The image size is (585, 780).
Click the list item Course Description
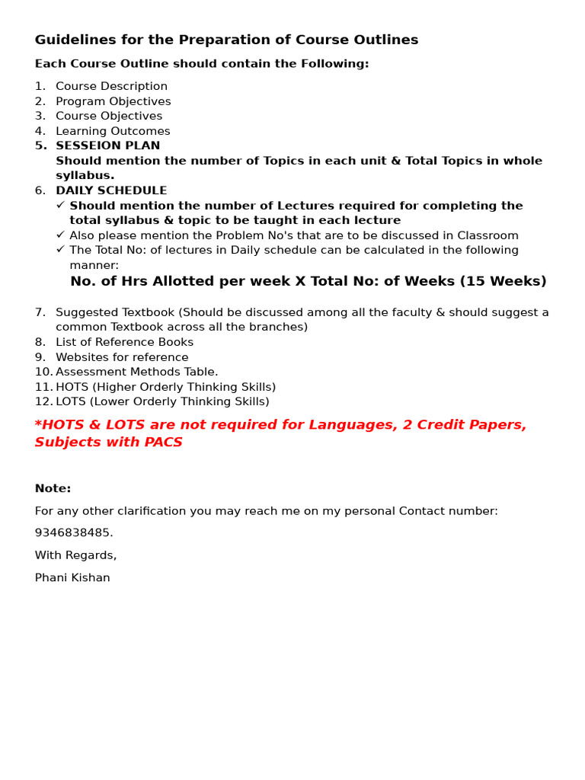pos(111,87)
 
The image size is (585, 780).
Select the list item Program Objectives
pos(113,101)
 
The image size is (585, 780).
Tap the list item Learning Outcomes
pos(113,131)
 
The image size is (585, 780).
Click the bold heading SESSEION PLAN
pos(107,146)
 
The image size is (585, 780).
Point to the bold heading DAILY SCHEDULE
pos(111,191)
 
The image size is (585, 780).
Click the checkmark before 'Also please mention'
pos(60,235)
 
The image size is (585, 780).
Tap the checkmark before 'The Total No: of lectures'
pos(60,249)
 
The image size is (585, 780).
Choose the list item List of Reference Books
pos(124,343)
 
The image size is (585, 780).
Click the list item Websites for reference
pos(122,357)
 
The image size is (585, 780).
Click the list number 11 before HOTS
pos(43,388)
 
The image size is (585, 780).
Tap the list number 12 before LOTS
pos(43,402)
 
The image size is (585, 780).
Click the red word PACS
pos(163,443)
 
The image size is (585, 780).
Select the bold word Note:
pos(53,489)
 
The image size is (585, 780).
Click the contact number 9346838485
pos(73,533)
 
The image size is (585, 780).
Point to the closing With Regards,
pos(75,555)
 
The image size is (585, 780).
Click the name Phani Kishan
pos(72,578)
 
